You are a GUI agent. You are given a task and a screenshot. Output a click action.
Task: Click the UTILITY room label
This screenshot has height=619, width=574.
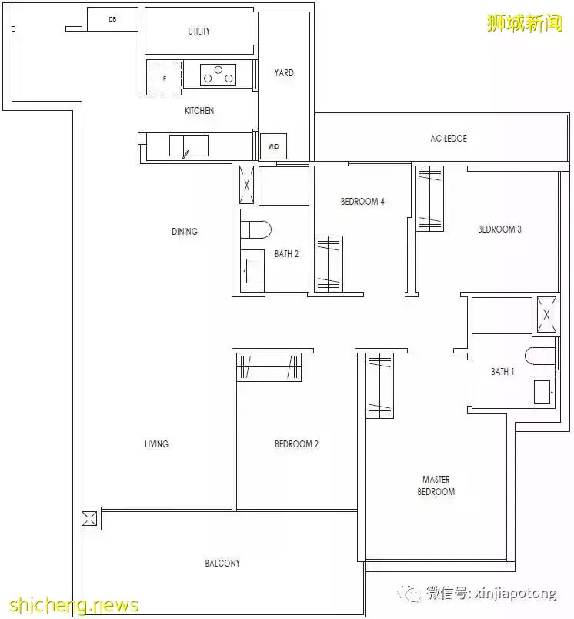pos(199,32)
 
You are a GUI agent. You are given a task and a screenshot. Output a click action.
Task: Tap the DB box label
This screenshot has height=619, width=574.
pos(112,19)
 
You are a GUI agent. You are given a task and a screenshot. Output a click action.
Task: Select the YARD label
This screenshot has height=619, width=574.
pos(284,72)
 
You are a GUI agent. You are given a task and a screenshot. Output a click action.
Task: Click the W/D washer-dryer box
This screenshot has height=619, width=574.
pos(273,146)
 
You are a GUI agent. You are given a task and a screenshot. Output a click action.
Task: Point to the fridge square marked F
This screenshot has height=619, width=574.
pos(165,78)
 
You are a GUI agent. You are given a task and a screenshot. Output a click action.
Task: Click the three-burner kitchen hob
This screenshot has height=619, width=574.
pos(219,75)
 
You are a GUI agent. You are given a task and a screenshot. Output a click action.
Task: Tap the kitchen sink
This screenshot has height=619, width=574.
pos(189,146)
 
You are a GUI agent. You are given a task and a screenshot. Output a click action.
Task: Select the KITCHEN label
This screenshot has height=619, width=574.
pos(199,111)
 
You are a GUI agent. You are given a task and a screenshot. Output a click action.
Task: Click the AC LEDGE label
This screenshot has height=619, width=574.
pos(449,138)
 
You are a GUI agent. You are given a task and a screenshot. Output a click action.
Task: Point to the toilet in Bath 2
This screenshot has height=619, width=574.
pos(256,229)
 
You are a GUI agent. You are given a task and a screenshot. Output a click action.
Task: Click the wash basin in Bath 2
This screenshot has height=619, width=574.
pos(253,271)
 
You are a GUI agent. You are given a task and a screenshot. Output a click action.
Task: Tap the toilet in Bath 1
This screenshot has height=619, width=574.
pos(540,356)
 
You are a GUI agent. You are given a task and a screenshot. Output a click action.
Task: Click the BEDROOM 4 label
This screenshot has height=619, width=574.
pos(362,202)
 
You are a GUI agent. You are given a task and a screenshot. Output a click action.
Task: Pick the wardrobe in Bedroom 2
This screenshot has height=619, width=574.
pos(269,367)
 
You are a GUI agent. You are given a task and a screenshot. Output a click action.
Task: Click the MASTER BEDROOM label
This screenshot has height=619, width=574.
pos(436,486)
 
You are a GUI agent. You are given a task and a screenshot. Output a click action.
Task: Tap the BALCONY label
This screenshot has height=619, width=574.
pos(222,564)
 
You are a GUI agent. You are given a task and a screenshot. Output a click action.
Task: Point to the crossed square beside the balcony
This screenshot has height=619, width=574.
pos(89,518)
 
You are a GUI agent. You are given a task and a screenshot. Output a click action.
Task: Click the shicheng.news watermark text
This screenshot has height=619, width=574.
pos(74,605)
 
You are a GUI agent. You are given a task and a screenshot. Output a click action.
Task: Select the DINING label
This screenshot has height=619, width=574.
pos(185,231)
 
